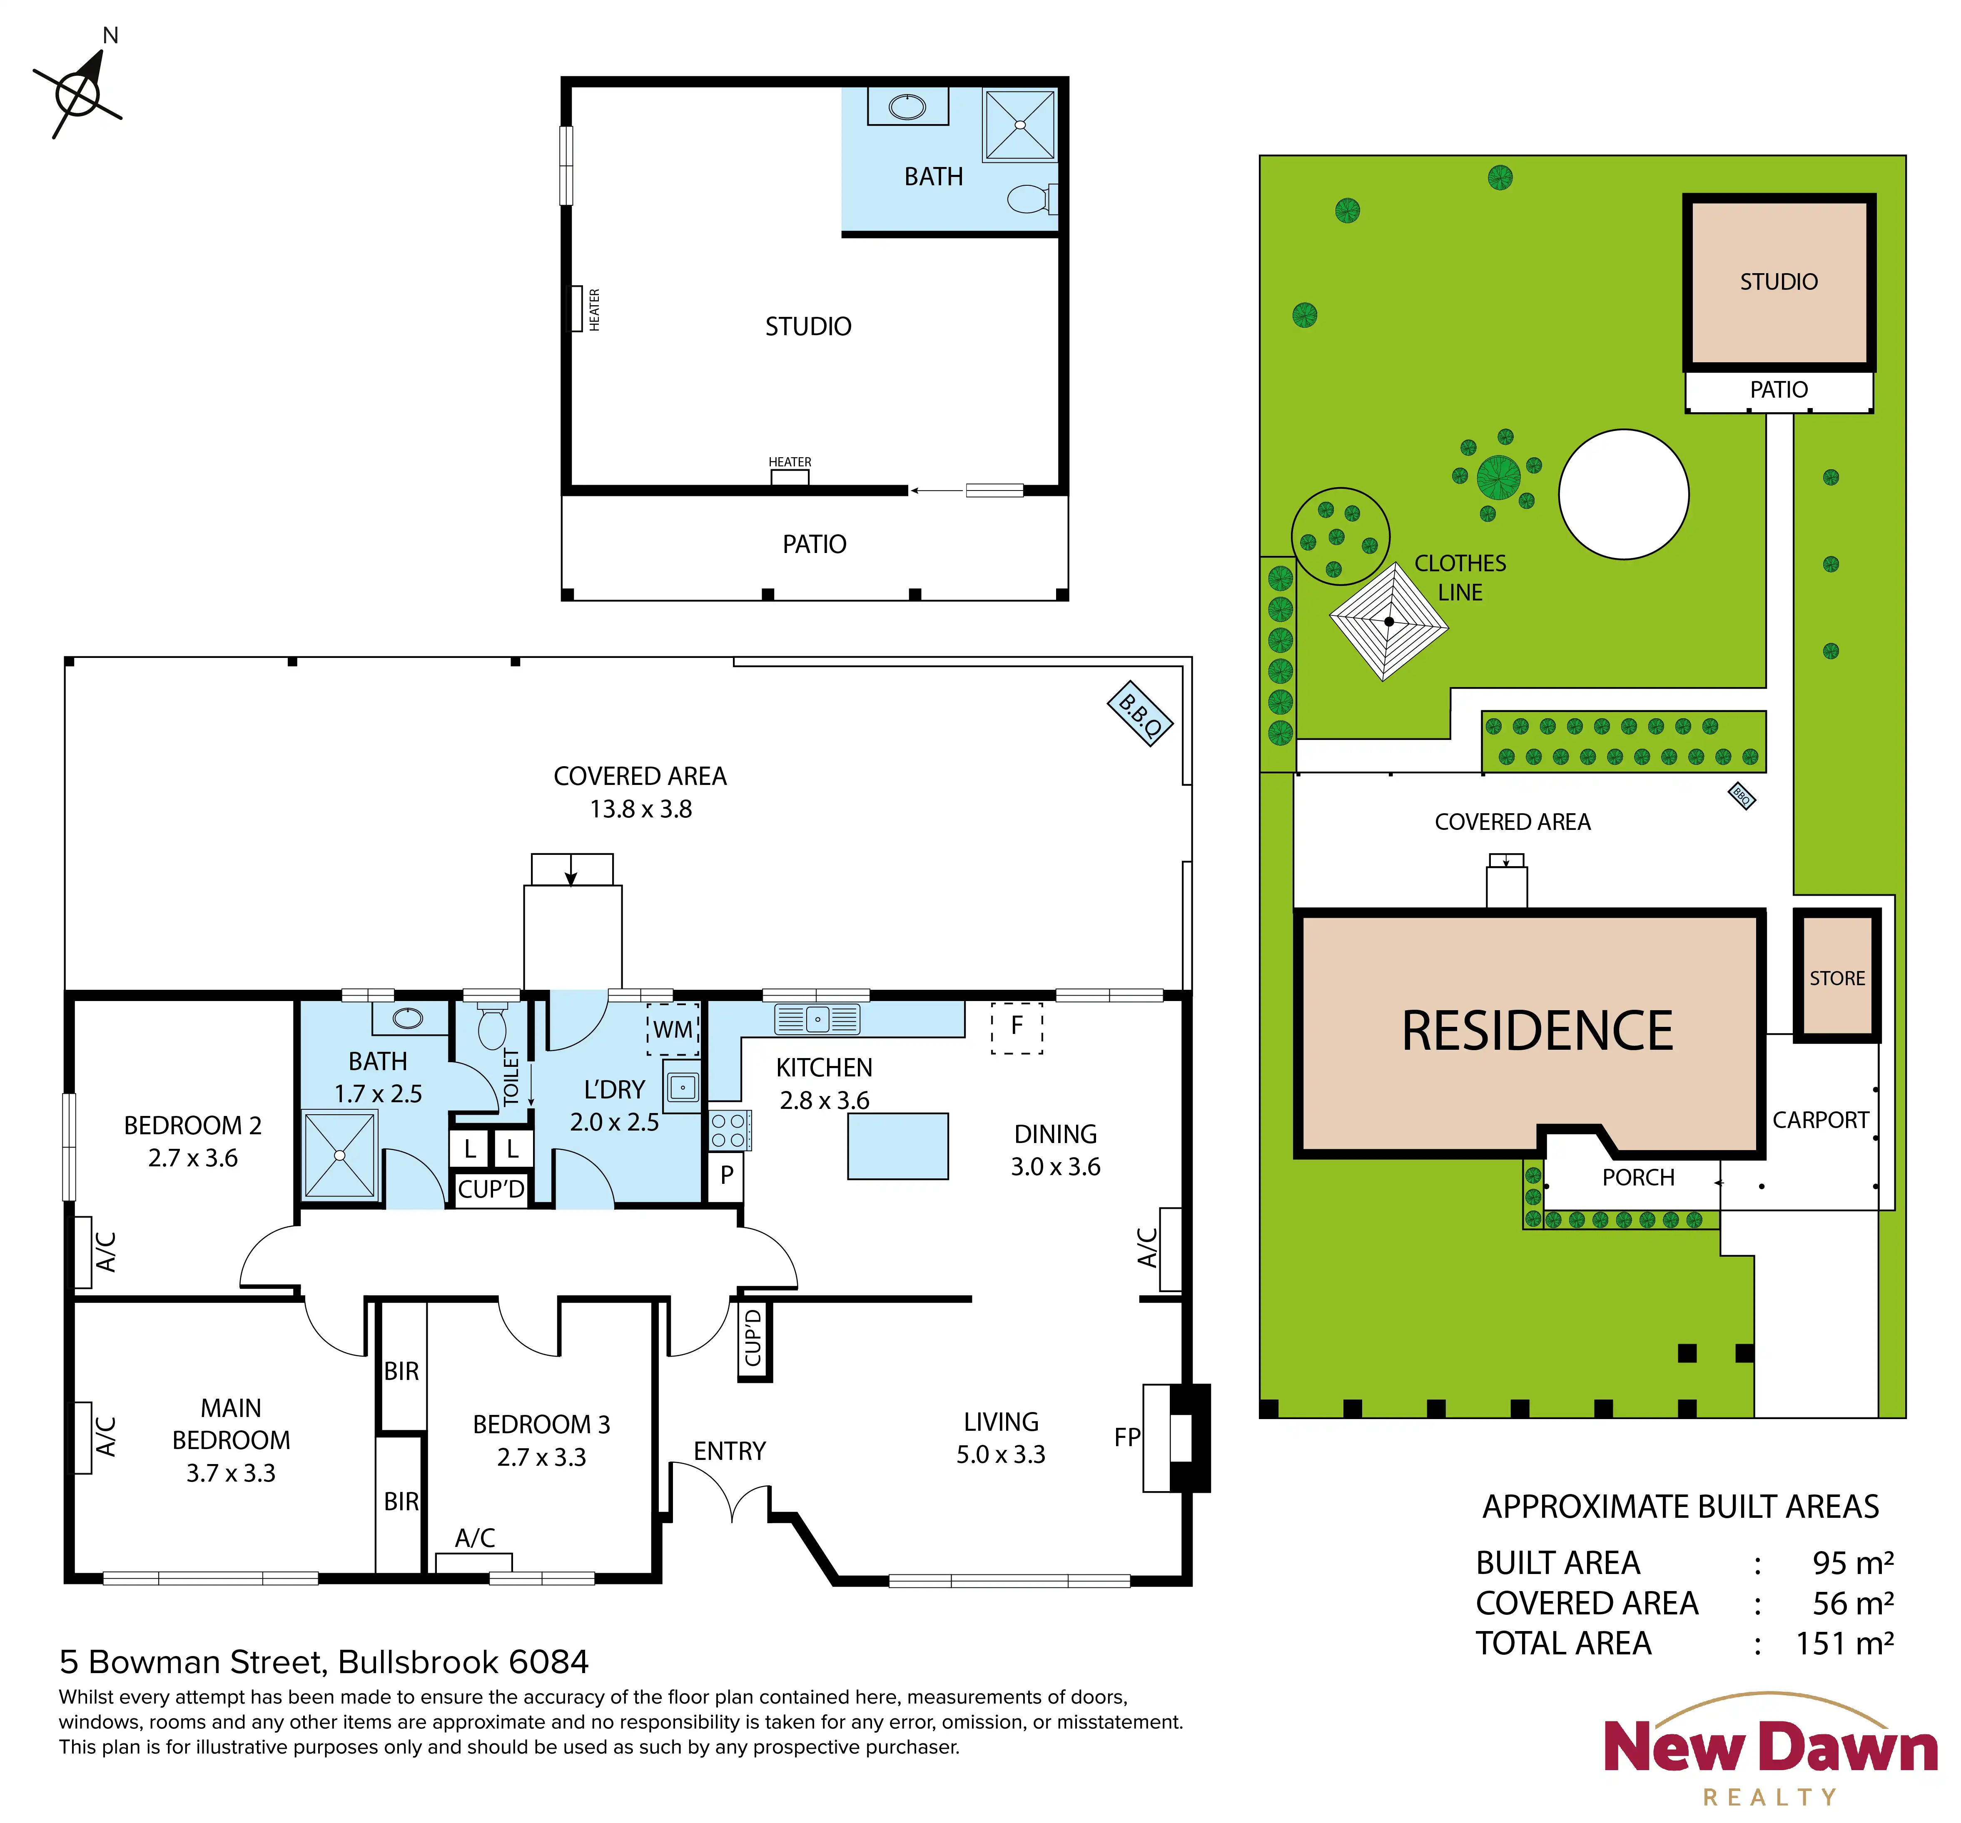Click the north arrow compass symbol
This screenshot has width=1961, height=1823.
[78, 92]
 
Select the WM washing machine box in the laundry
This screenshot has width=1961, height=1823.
[673, 1029]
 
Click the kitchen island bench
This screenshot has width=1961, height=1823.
[898, 1146]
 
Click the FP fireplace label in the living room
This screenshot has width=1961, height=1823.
[1126, 1437]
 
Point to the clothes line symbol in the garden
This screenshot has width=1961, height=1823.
[1389, 621]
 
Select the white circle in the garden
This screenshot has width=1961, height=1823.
[1624, 494]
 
